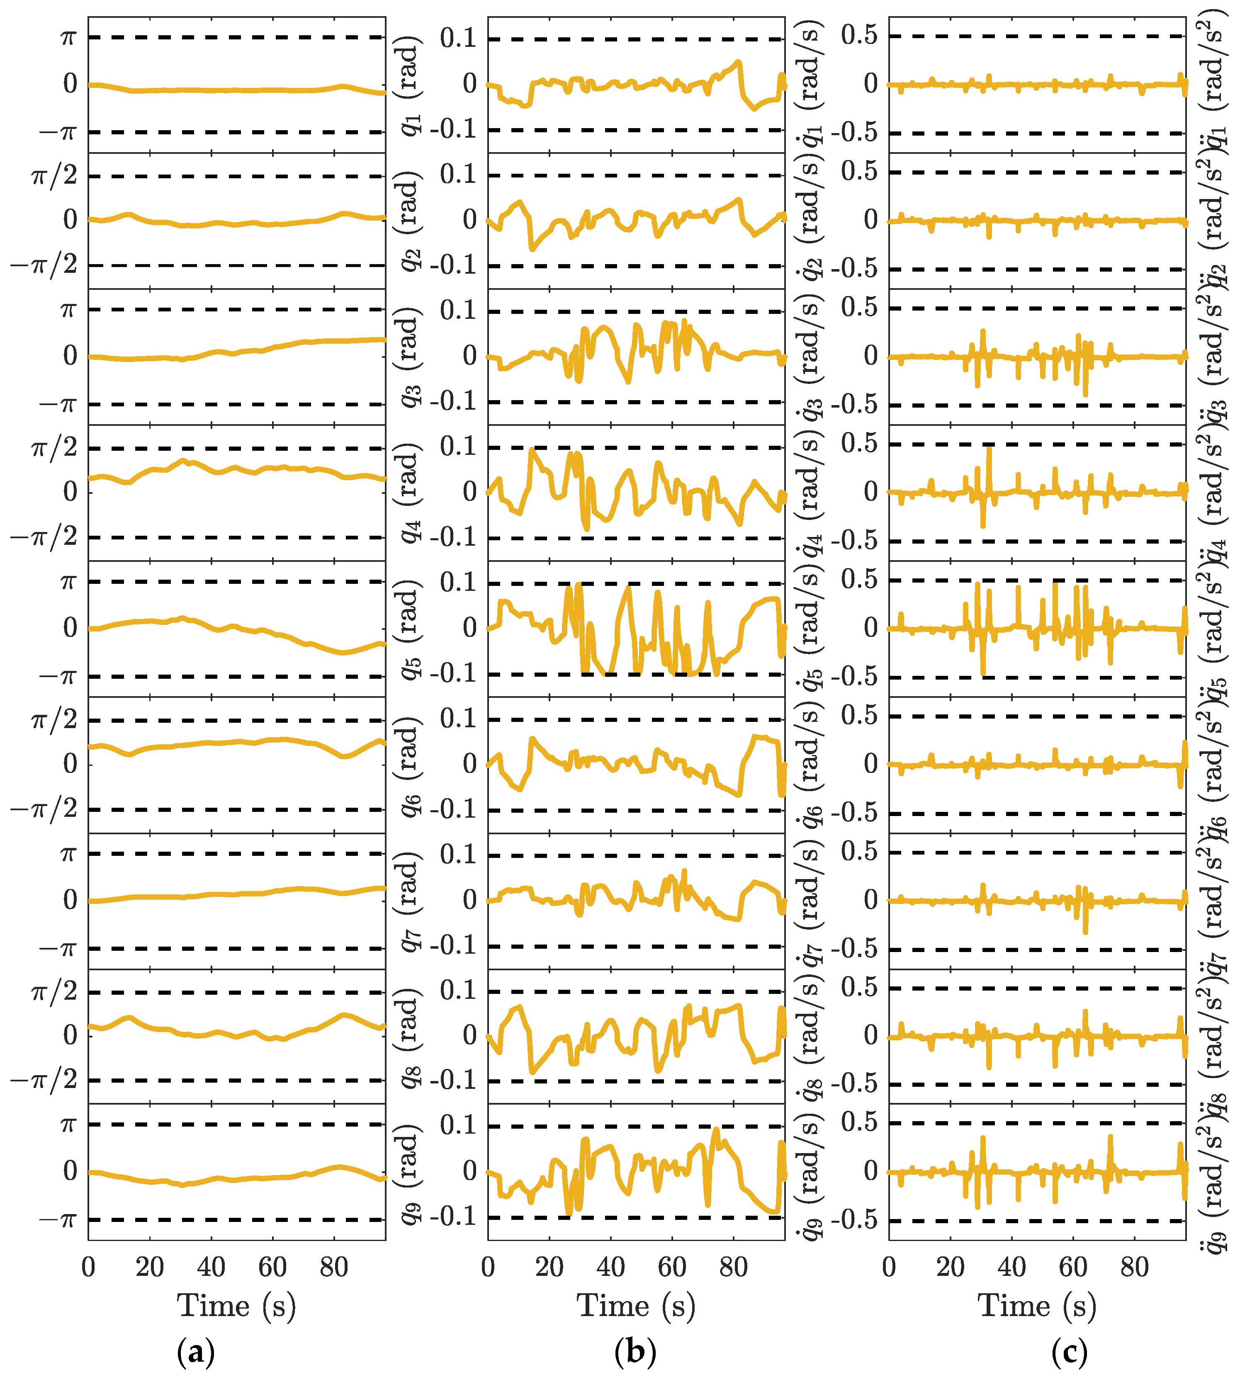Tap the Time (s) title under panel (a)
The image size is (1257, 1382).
click(x=236, y=1306)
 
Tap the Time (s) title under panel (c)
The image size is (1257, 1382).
click(x=1037, y=1306)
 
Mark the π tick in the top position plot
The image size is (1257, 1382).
click(x=68, y=36)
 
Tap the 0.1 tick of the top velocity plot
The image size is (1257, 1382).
click(x=458, y=39)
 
